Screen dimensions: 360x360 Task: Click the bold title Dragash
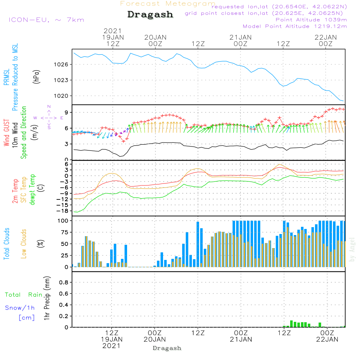tap(150, 15)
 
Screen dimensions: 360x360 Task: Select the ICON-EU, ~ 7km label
tap(46, 20)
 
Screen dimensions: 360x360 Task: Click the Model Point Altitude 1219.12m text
tap(295, 26)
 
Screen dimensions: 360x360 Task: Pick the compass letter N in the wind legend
tap(49, 107)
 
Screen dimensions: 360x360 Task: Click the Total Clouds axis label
tap(6, 244)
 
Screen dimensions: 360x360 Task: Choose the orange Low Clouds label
tap(24, 244)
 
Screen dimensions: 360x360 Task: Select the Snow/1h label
tap(20, 308)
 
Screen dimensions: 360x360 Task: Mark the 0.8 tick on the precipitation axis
tap(64, 283)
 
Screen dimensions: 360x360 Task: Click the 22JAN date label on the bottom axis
tap(327, 339)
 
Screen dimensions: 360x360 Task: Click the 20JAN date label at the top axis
tap(155, 37)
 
